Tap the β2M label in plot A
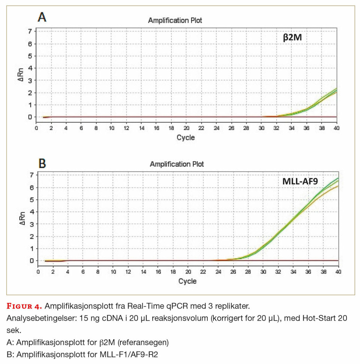(295, 37)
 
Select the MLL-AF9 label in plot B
(300, 182)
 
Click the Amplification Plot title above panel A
(175, 20)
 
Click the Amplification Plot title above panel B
(177, 164)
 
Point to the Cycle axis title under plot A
(186, 137)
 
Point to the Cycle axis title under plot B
(187, 281)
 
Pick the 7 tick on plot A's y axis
(30, 31)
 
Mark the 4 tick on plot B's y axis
(31, 212)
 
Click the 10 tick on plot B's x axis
(113, 272)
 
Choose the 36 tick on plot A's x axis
(307, 128)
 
